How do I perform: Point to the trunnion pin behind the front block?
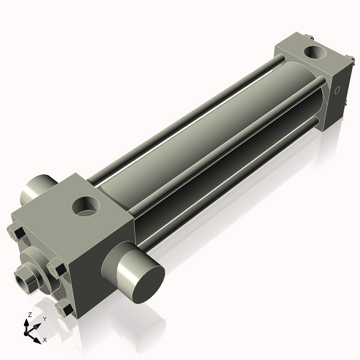(37, 189)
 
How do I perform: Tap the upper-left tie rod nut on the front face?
(16, 232)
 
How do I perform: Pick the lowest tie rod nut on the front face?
(64, 308)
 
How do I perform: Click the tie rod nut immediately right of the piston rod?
(57, 268)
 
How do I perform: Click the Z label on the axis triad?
(30, 314)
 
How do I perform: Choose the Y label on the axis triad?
(44, 318)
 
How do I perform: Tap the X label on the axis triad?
(45, 340)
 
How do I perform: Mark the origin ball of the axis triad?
(27, 331)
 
